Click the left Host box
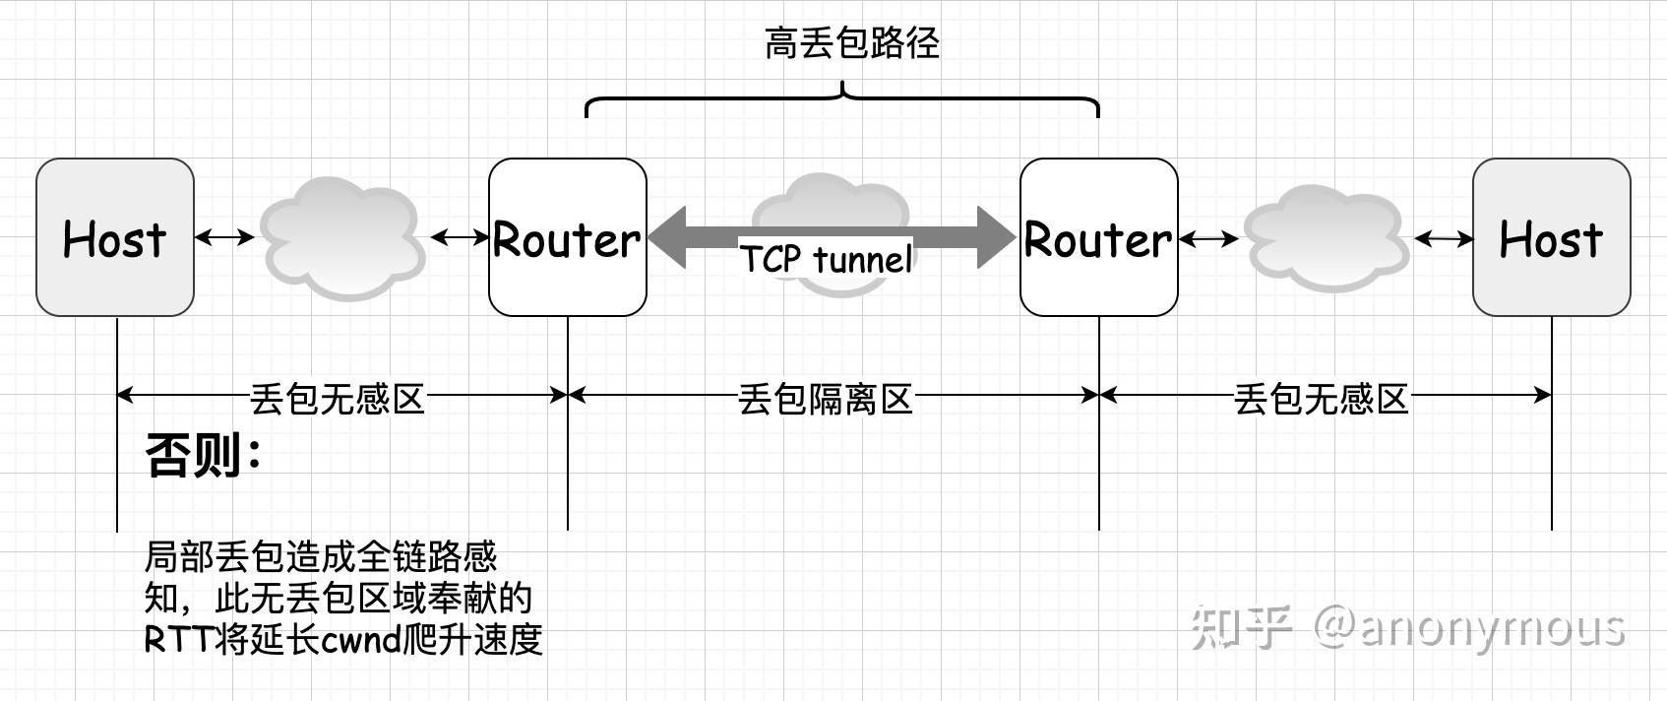tap(115, 237)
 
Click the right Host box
tap(1551, 237)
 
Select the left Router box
tap(567, 237)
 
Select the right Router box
tap(1098, 237)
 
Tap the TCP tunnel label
tap(827, 259)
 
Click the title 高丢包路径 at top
tap(852, 43)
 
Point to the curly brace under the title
tap(842, 98)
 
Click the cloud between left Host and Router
tap(341, 237)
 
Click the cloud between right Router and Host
tap(1326, 237)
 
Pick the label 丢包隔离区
tap(826, 399)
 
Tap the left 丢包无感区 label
tap(337, 399)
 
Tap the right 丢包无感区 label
tap(1321, 399)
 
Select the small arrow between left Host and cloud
tap(225, 237)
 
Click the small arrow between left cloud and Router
tap(460, 237)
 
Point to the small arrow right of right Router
tap(1209, 238)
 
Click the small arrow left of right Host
tap(1444, 238)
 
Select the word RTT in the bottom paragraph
tap(177, 641)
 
